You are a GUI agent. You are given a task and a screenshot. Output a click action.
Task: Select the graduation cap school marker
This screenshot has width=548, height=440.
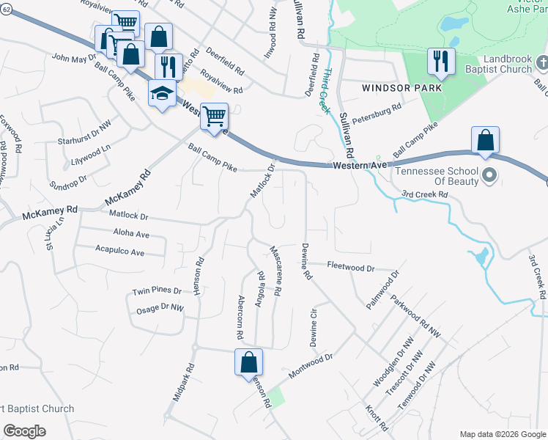(x=162, y=93)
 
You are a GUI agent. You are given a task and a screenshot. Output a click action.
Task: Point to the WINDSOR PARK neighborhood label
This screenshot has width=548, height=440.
(x=402, y=88)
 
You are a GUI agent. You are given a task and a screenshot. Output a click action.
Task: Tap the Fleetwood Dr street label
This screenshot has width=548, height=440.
(x=351, y=268)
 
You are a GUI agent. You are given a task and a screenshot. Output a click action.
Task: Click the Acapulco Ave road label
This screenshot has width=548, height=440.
(x=120, y=252)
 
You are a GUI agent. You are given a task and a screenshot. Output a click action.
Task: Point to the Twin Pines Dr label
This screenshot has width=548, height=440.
(x=156, y=291)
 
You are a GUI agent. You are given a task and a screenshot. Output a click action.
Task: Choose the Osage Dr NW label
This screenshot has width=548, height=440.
(x=160, y=309)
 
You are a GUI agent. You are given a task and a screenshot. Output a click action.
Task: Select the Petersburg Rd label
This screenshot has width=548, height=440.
(x=377, y=112)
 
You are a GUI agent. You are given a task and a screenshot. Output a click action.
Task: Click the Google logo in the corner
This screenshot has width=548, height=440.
(x=24, y=430)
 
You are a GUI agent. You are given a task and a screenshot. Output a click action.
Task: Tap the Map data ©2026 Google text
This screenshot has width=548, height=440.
(x=501, y=434)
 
